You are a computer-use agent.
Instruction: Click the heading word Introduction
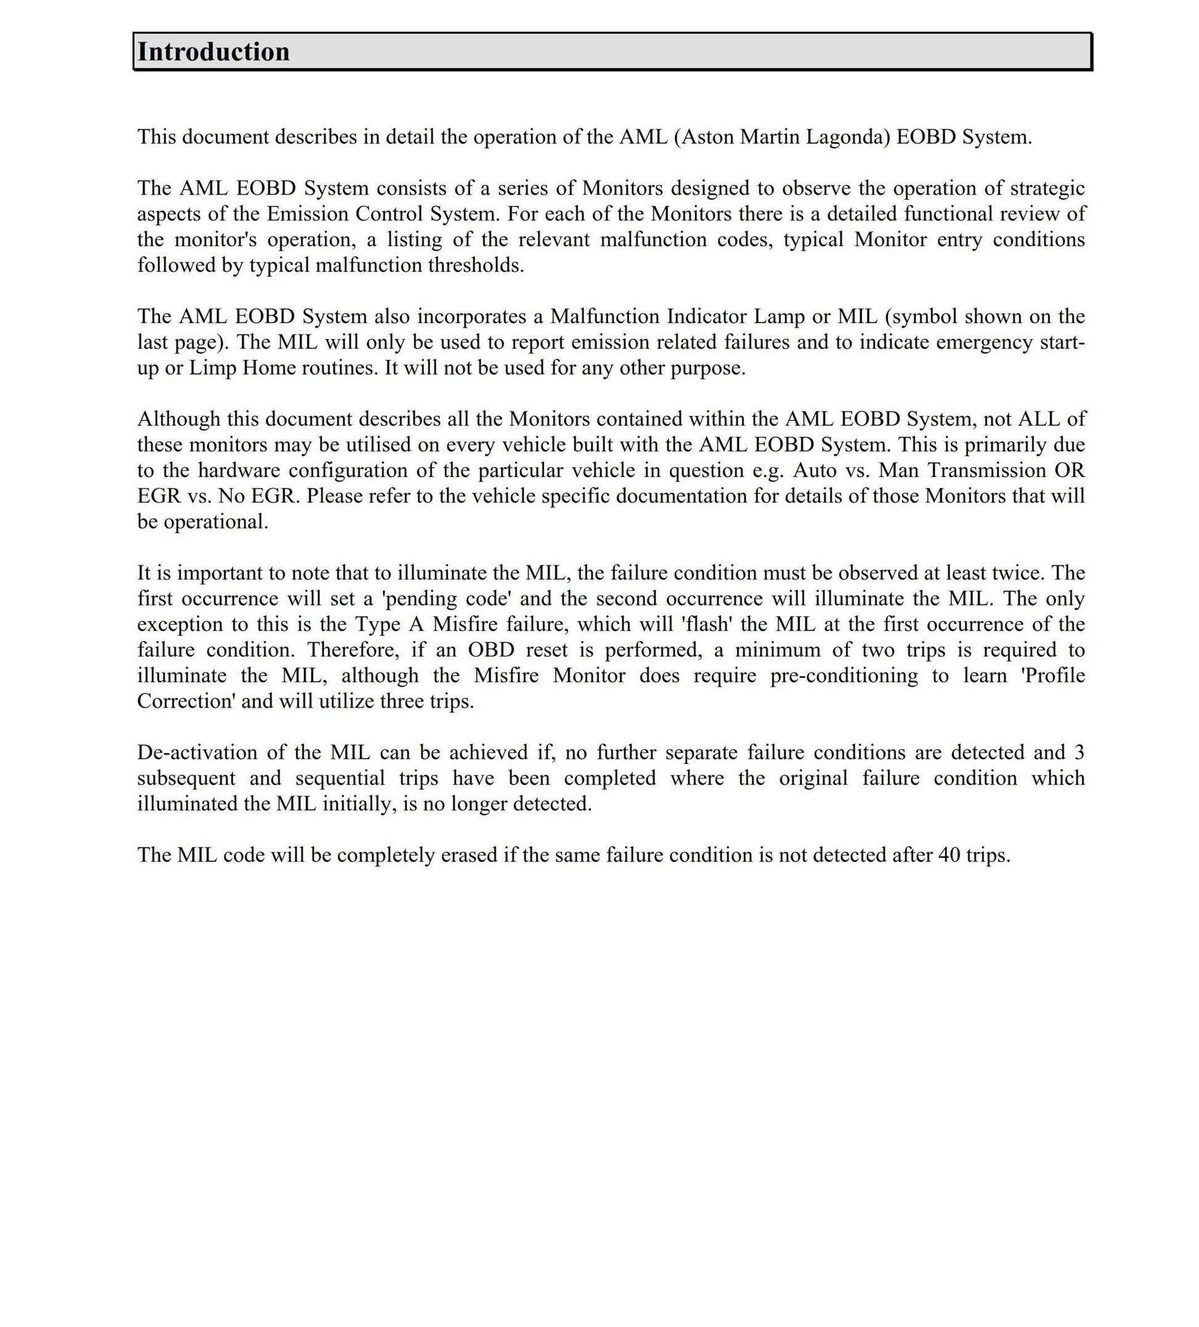[x=213, y=52]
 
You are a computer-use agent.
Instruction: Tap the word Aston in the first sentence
[x=708, y=137]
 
